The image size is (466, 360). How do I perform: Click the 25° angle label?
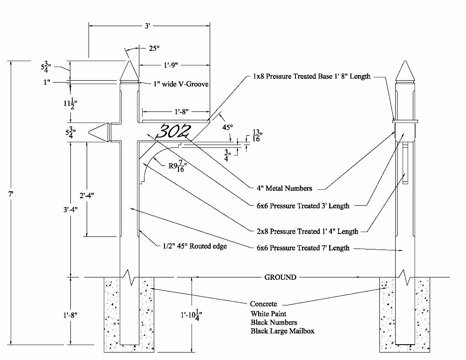coord(154,48)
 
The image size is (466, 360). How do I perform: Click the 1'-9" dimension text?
coord(171,65)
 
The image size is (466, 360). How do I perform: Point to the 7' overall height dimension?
coord(11,194)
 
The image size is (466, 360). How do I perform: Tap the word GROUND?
coord(280,277)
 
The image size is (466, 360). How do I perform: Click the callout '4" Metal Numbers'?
coord(284,188)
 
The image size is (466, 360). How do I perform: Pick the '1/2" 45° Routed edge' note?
coord(195,246)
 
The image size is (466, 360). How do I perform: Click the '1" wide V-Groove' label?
coord(181,84)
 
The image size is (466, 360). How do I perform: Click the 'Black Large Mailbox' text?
coord(282,331)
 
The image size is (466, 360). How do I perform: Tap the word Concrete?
coord(263,304)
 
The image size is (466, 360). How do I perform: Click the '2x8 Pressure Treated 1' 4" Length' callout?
coord(307,231)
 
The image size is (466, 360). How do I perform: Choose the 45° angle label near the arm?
coord(227,127)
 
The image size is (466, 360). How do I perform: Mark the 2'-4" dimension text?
coord(87,195)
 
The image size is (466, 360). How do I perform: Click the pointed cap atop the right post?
coord(405,71)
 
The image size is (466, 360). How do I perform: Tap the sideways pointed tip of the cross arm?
coord(99,132)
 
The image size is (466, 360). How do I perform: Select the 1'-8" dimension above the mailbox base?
coord(181,112)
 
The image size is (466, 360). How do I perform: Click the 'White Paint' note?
coord(268,313)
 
